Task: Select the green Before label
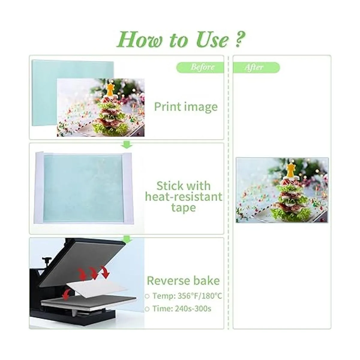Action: coord(200,67)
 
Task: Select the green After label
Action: coord(256,67)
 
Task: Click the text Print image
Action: coord(186,107)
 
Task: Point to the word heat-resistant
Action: coord(184,196)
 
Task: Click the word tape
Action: coord(184,208)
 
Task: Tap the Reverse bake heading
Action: coord(183,280)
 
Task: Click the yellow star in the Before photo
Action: coord(110,89)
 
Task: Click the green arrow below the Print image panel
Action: coord(127,145)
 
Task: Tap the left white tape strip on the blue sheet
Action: coord(39,187)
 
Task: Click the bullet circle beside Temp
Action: coord(147,296)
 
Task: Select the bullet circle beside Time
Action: coord(147,309)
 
